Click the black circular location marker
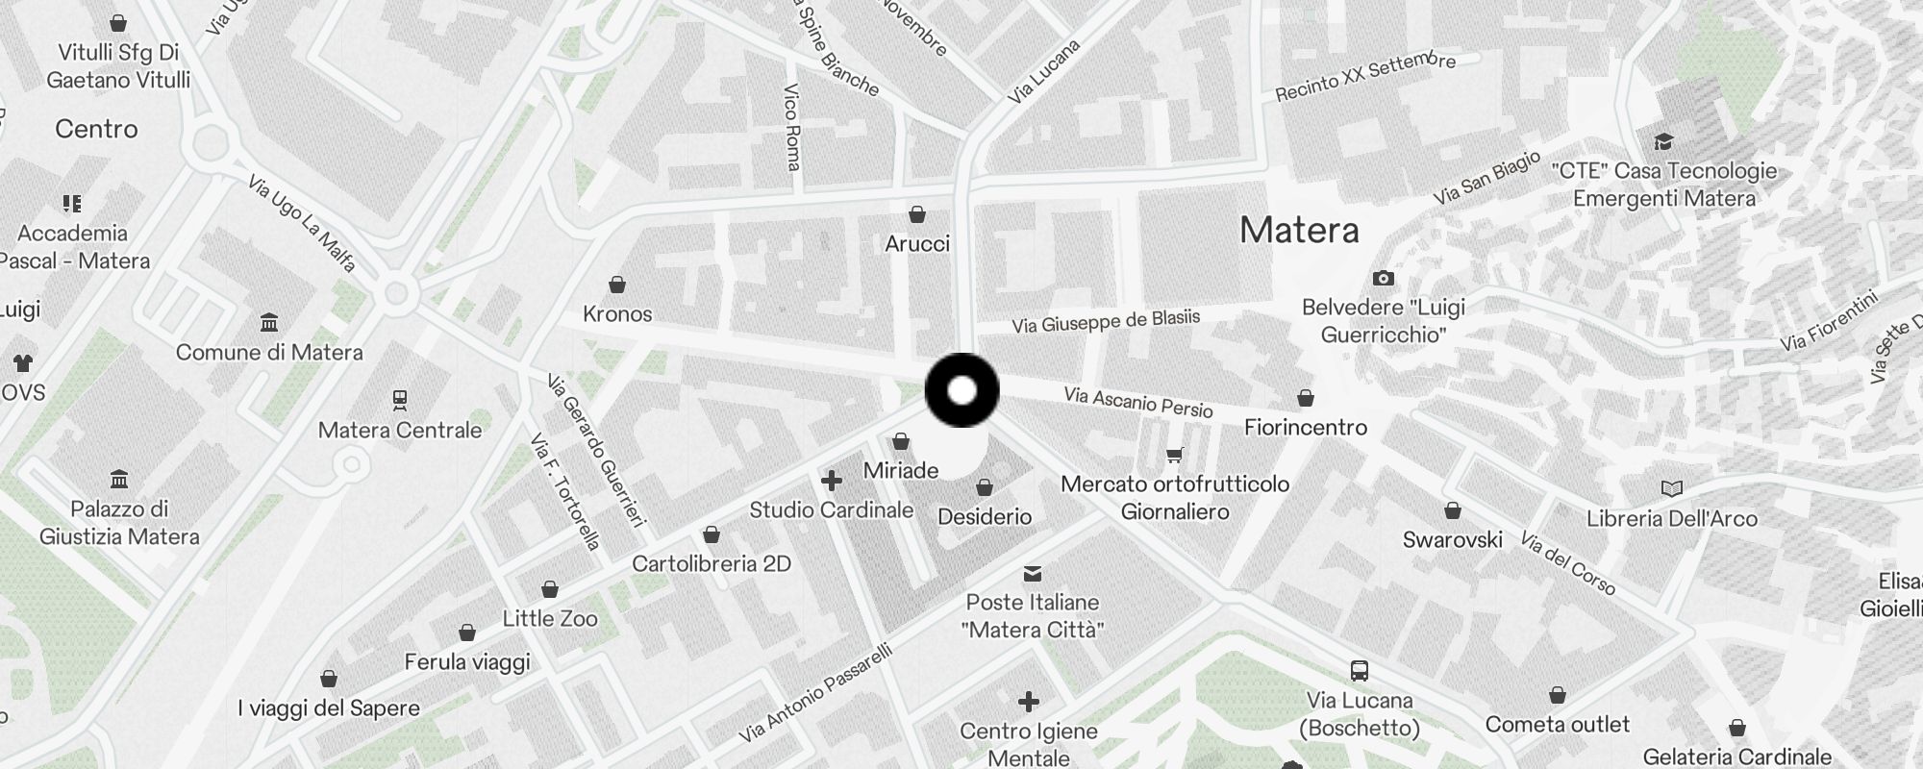(x=961, y=390)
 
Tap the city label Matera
(x=1299, y=231)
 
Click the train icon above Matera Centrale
(x=400, y=399)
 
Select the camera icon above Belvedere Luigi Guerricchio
(x=1383, y=279)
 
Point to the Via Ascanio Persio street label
(x=1138, y=402)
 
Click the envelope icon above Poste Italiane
(x=1033, y=574)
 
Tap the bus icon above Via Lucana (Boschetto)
(x=1359, y=671)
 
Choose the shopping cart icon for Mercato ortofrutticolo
(x=1174, y=455)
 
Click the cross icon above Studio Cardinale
(x=832, y=480)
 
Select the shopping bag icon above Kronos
(x=617, y=285)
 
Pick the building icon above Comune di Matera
(x=269, y=322)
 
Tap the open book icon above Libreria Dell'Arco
(x=1672, y=489)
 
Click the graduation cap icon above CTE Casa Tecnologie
(x=1663, y=143)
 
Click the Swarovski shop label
(x=1452, y=540)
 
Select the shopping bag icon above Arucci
(x=917, y=213)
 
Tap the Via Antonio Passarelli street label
(x=816, y=693)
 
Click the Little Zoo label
(x=550, y=619)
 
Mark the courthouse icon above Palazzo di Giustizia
(x=119, y=479)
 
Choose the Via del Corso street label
(x=1568, y=562)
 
